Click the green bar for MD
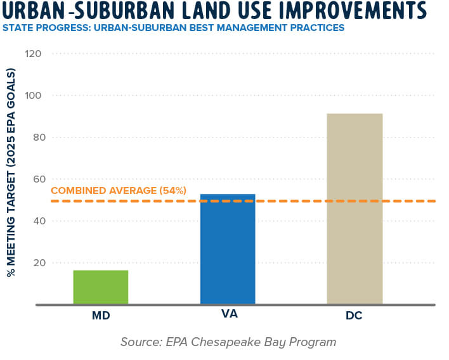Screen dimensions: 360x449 pyautogui.click(x=100, y=287)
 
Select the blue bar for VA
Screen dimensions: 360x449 pyautogui.click(x=227, y=249)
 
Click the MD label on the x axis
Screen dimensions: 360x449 pyautogui.click(x=100, y=315)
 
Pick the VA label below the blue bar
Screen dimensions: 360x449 pyautogui.click(x=227, y=315)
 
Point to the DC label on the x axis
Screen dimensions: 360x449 pyautogui.click(x=354, y=315)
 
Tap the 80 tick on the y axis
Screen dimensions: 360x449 pyautogui.click(x=34, y=138)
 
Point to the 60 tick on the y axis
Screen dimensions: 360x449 pyautogui.click(x=34, y=179)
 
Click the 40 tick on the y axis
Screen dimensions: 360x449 pyautogui.click(x=34, y=221)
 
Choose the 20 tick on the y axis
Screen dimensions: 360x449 pyautogui.click(x=34, y=263)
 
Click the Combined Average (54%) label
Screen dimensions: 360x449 pyautogui.click(x=119, y=190)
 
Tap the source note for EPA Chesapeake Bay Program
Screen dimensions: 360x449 pyautogui.click(x=228, y=342)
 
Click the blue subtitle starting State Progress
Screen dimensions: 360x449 pyautogui.click(x=173, y=28)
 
